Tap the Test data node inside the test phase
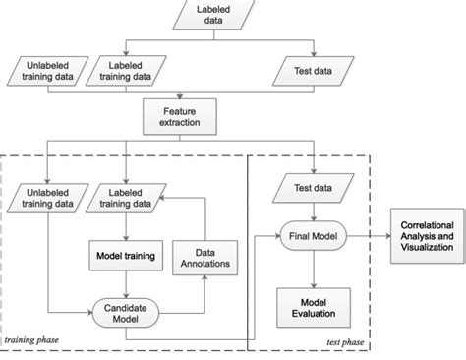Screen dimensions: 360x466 [x=312, y=186]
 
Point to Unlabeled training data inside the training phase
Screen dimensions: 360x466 [x=47, y=198]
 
